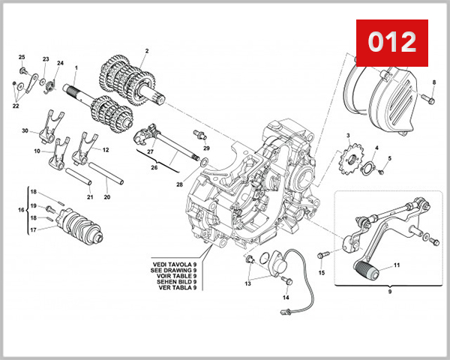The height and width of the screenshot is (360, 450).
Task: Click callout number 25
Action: coord(22,58)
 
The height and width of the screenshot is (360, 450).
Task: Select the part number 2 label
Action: coord(147,51)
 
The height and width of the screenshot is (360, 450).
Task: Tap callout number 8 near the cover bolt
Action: coord(433,82)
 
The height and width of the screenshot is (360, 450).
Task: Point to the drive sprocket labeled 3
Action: coord(349,160)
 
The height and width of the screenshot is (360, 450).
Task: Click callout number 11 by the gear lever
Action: coord(397,265)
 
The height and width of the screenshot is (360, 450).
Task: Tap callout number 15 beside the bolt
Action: coord(322,273)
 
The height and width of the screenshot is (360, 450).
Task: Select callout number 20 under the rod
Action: coord(106,197)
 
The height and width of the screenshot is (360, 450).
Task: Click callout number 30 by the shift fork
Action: coord(25,131)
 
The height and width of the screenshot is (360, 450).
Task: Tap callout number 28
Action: coord(179,184)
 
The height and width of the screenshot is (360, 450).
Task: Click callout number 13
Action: coord(247,283)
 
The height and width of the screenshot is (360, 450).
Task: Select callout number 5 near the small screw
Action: coord(389,158)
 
